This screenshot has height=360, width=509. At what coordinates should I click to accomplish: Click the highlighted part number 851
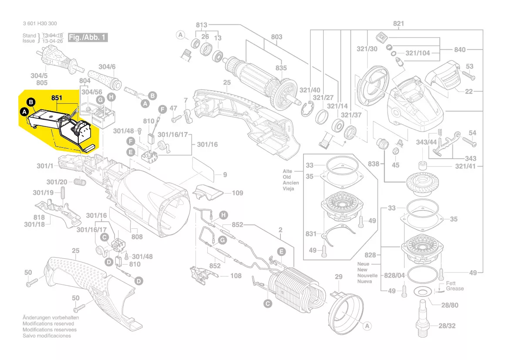pyautogui.click(x=57, y=98)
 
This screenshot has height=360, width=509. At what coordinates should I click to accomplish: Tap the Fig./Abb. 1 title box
pyautogui.click(x=87, y=37)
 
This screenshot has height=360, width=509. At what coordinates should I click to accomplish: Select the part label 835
pyautogui.click(x=281, y=68)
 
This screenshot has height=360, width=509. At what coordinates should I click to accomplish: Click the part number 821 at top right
pyautogui.click(x=399, y=24)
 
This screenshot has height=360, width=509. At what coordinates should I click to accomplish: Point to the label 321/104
pyautogui.click(x=417, y=53)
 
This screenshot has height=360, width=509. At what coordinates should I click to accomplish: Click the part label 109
pyautogui.click(x=237, y=193)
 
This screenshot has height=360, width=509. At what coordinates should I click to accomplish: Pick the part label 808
pyautogui.click(x=137, y=237)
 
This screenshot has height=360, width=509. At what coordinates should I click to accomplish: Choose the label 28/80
pyautogui.click(x=449, y=305)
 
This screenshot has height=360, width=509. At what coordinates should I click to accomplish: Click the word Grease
pyautogui.click(x=455, y=289)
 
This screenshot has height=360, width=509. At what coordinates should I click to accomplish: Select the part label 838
pyautogui.click(x=373, y=164)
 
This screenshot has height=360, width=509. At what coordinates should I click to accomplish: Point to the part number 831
pyautogui.click(x=311, y=234)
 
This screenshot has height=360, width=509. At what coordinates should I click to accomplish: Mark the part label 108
pyautogui.click(x=236, y=275)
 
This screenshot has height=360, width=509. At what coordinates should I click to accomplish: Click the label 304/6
pyautogui.click(x=107, y=67)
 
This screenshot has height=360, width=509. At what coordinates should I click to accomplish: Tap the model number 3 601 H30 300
pyautogui.click(x=39, y=24)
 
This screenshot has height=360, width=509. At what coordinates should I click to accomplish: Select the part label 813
pyautogui.click(x=202, y=24)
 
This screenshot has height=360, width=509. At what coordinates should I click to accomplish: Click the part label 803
pyautogui.click(x=276, y=37)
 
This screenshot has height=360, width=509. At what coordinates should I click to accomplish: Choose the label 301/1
pyautogui.click(x=44, y=166)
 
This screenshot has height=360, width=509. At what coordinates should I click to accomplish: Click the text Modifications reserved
pyautogui.click(x=48, y=324)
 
